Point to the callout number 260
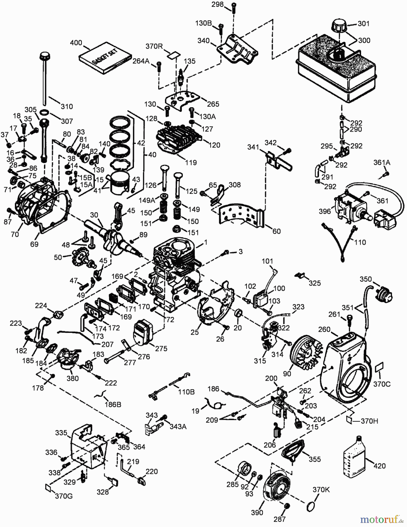click(324, 330)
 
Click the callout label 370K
click(321, 490)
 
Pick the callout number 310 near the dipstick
click(67, 106)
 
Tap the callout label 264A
click(141, 61)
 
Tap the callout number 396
click(325, 211)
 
